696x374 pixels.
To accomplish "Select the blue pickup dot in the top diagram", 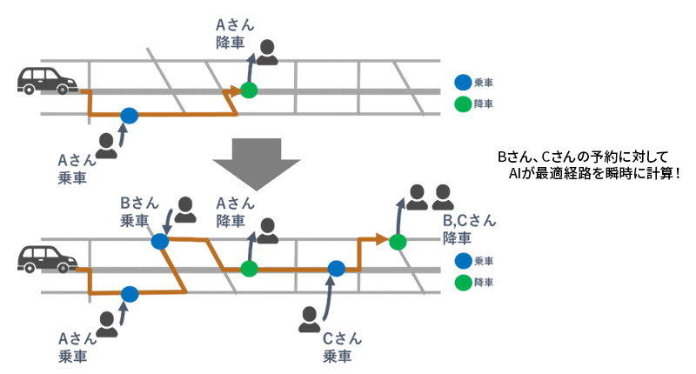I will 130,115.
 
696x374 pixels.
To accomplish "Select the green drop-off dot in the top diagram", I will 250,90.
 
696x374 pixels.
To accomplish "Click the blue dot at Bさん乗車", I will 159,241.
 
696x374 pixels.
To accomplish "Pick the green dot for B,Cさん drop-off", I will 398,241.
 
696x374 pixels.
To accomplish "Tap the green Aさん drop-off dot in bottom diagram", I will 250,269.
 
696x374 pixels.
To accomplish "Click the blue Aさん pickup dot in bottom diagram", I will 130,294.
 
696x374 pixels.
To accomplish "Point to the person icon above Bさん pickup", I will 185,210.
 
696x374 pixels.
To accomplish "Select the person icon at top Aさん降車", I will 269,52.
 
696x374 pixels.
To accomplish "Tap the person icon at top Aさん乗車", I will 106,145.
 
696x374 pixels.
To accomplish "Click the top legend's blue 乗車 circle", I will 463,83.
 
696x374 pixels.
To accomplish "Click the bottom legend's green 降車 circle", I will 463,283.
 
